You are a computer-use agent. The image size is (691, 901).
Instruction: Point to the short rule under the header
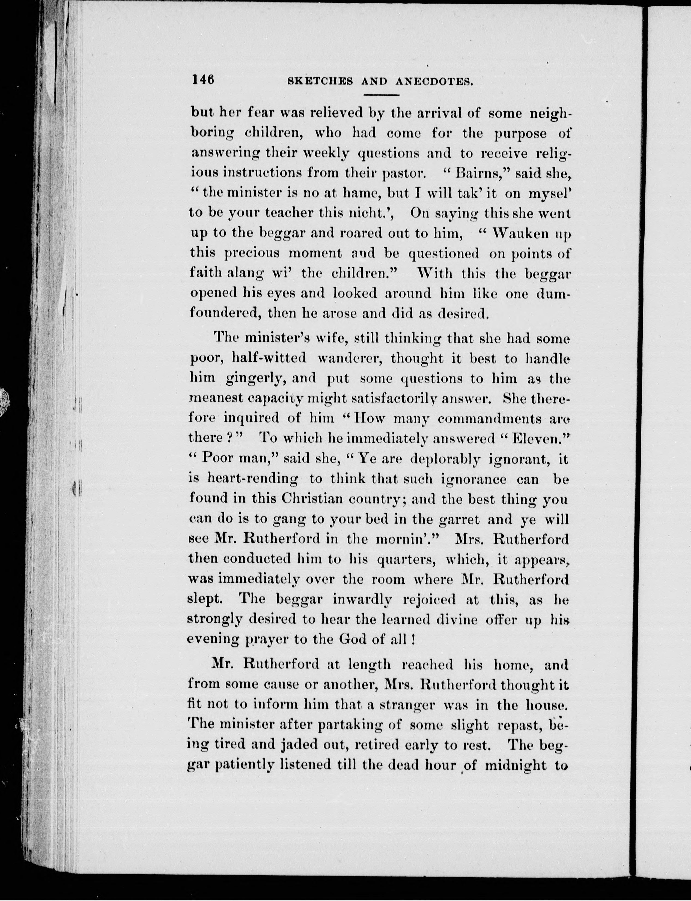pyautogui.click(x=382, y=95)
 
